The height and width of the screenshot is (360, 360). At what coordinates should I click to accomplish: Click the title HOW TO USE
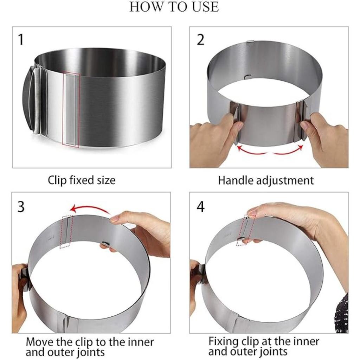[x=174, y=7]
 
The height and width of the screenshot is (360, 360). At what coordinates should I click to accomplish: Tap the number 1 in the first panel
[x=21, y=40]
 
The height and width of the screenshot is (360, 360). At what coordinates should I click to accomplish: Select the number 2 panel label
[x=200, y=40]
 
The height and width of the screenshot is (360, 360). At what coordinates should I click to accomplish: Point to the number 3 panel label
[x=21, y=207]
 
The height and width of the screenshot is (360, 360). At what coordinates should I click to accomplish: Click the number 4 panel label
[x=200, y=207]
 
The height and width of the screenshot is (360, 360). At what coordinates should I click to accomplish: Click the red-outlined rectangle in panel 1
[x=71, y=109]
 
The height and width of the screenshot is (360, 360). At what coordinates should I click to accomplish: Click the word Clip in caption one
[x=58, y=181]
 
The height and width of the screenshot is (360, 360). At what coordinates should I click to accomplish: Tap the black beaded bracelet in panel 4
[x=342, y=315]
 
